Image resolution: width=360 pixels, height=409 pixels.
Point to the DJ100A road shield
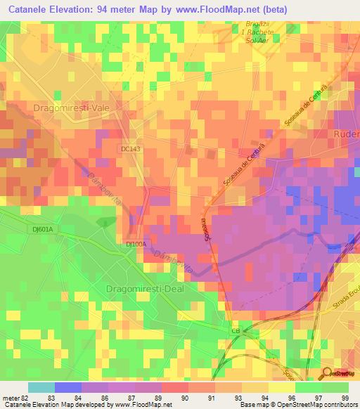click(136, 244)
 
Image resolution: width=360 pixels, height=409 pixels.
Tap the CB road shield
click(236, 330)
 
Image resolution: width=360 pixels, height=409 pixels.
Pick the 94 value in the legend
click(264, 398)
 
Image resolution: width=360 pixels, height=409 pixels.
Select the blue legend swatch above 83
click(68, 387)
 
